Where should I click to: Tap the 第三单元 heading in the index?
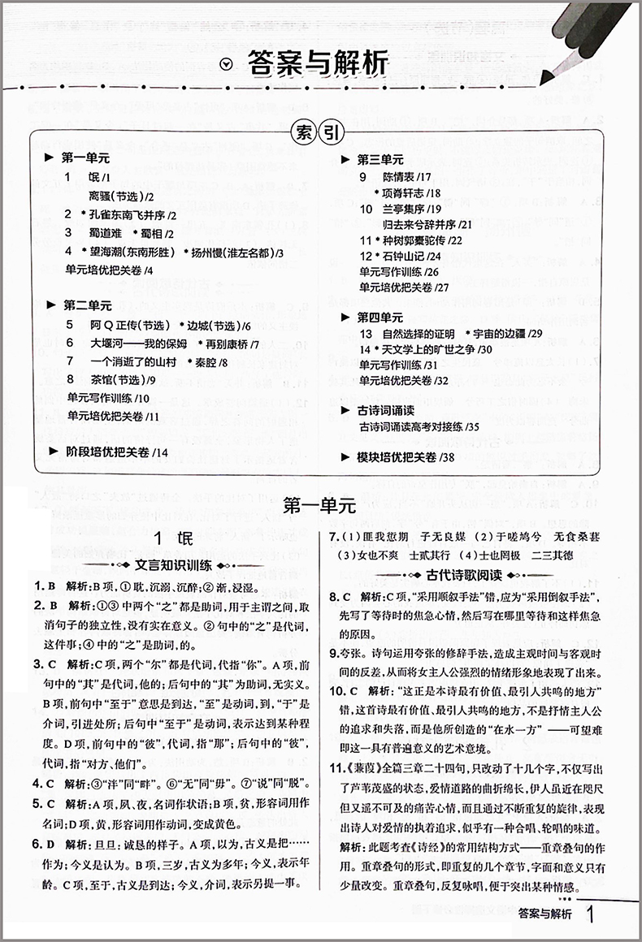(380, 159)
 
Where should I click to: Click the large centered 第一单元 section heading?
(321, 505)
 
